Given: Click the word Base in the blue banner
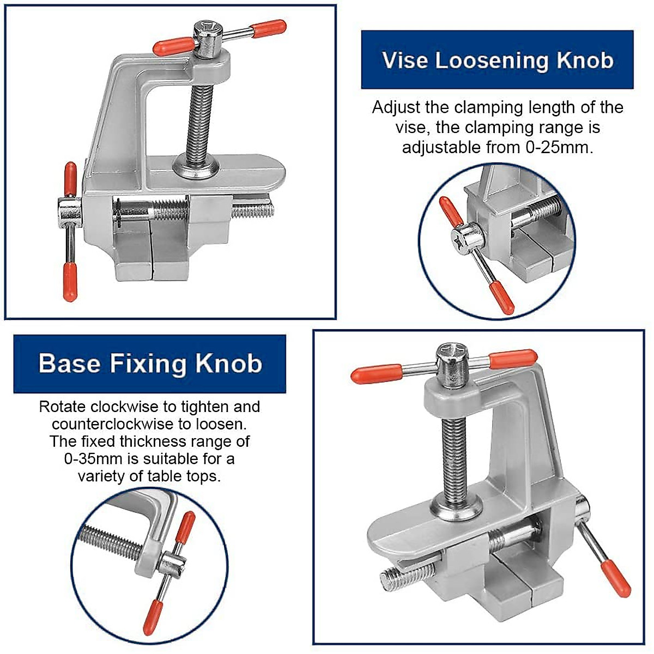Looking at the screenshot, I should coord(70,364).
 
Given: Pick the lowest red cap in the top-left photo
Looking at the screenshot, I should coord(69,282).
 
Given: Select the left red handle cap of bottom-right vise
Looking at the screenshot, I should coord(376,374).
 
